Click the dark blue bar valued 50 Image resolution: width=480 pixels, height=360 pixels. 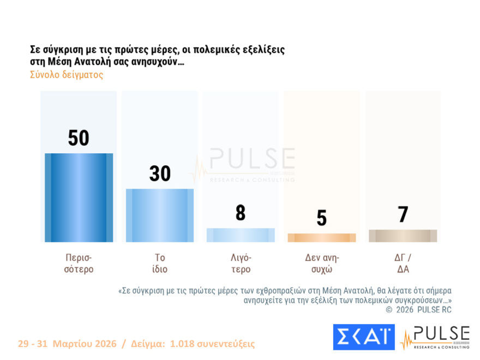point(79,198)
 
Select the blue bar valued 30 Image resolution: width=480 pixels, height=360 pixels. point(160,215)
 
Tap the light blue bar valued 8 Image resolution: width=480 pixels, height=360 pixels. point(241,235)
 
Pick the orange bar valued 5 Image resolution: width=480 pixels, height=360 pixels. point(322,237)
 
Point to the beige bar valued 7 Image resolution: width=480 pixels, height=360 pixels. point(403,236)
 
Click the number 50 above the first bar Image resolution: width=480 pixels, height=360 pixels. point(79,138)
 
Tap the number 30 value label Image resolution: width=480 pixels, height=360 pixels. point(160,173)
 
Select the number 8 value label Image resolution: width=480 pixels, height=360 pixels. point(241,213)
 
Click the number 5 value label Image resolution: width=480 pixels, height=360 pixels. point(322,218)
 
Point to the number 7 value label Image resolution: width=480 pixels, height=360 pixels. point(403,214)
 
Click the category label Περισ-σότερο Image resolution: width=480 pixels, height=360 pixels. point(79,263)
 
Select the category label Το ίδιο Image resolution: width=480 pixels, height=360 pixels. point(160,263)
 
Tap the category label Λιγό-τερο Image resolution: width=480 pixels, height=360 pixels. point(241,263)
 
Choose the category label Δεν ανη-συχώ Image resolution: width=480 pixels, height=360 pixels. point(322,263)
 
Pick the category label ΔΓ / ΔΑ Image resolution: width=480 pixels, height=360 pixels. point(403,263)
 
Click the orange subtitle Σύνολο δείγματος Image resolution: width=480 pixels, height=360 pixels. point(67,75)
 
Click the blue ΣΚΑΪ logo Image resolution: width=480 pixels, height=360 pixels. point(363,337)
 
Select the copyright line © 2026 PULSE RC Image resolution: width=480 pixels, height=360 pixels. point(419,310)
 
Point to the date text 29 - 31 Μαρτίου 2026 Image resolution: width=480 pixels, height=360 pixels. point(67,344)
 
